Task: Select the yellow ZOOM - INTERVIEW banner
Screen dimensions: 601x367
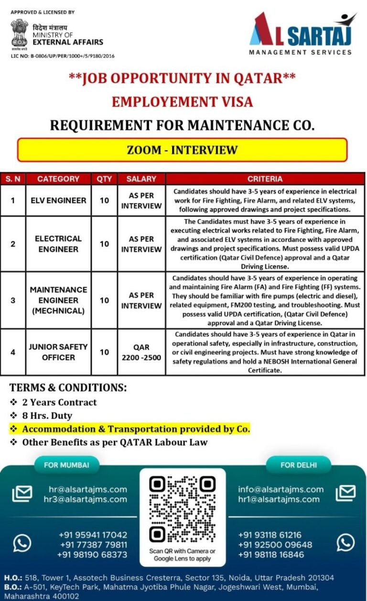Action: click(x=182, y=150)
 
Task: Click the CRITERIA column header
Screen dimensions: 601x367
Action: click(x=265, y=179)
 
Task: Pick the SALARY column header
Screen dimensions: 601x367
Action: click(x=141, y=179)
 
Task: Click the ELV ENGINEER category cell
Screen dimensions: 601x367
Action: click(x=58, y=200)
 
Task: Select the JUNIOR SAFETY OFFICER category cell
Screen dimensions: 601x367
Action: click(x=58, y=352)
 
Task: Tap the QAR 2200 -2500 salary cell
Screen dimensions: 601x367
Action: click(x=141, y=352)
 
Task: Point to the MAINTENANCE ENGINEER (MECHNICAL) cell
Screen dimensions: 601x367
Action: click(x=58, y=300)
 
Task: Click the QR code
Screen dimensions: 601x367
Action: click(x=182, y=508)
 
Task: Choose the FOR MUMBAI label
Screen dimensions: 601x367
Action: click(x=66, y=465)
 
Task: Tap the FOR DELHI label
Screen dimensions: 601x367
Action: click(x=299, y=465)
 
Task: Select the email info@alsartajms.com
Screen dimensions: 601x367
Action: click(x=281, y=489)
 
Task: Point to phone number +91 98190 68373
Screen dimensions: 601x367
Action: click(x=92, y=555)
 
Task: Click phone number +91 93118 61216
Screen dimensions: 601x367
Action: click(x=270, y=535)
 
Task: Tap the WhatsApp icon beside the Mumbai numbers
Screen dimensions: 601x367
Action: click(x=22, y=543)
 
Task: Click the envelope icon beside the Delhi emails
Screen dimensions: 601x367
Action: click(x=345, y=493)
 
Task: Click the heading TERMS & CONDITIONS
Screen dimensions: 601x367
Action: click(x=68, y=387)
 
